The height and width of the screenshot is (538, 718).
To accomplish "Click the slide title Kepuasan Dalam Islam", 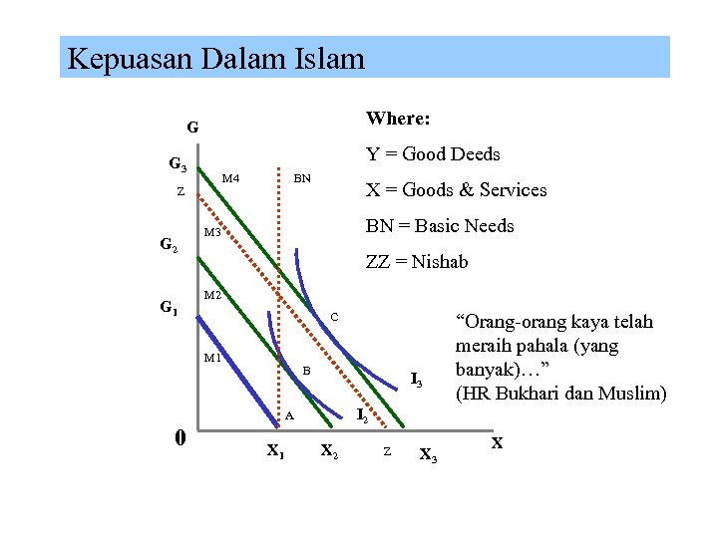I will point(215,59).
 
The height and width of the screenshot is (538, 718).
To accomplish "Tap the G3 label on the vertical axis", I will point(178,164).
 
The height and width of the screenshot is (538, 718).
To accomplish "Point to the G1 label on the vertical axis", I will point(170,308).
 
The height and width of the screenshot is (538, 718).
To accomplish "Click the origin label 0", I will point(179,437).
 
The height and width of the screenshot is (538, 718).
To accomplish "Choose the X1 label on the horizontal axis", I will point(276,450).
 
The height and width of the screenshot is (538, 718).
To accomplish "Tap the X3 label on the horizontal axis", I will point(428,455).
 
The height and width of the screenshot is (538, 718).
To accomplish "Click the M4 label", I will point(230,178).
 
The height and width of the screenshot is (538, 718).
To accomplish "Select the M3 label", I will point(212,232).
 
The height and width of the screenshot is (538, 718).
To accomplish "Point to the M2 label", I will point(212,296).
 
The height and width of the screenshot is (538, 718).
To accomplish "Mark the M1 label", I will point(212,358).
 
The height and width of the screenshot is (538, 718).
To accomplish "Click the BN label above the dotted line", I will point(302,178).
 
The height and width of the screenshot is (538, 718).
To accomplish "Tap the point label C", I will point(335,317).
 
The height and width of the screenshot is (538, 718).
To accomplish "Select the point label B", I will point(307,371).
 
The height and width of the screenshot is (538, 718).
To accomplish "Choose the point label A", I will point(289,415).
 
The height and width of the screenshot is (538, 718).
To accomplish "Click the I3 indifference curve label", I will point(417,380).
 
